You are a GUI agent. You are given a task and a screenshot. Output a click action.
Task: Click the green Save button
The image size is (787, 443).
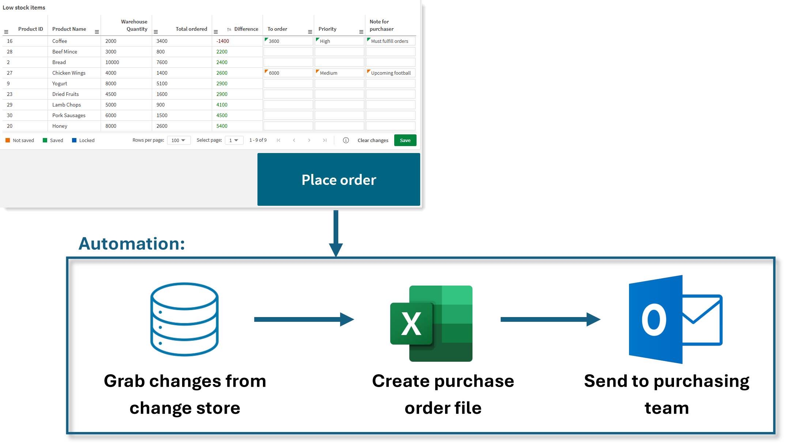[x=405, y=140]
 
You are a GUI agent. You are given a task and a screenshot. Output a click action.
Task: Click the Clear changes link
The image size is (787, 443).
[x=373, y=140]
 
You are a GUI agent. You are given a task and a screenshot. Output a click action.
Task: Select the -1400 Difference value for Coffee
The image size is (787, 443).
[x=223, y=41]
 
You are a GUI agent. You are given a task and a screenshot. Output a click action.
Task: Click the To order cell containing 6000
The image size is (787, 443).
[x=288, y=73]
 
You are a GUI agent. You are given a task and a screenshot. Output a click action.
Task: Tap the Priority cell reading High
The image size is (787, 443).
[x=339, y=41]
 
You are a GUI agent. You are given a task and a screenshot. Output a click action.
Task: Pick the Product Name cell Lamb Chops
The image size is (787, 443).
[x=67, y=105]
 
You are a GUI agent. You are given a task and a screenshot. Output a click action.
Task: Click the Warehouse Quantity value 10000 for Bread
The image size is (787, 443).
[x=112, y=62]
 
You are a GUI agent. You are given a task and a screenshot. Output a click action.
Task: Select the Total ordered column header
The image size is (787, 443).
[x=191, y=29]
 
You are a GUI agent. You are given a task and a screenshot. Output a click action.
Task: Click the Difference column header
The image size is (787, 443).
[x=246, y=29]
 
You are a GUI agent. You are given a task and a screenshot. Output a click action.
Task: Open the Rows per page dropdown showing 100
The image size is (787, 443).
[x=178, y=140]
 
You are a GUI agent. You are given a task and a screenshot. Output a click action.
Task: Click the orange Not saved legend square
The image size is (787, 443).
[x=8, y=140]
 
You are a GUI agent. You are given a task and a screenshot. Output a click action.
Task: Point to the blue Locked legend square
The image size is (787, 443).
[x=74, y=140]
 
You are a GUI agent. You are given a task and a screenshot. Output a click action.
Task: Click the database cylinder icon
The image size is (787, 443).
[x=184, y=319]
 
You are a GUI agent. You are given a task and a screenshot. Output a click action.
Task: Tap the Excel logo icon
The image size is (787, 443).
[x=432, y=323]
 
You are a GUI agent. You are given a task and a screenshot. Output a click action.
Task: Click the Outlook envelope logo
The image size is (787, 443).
[x=675, y=319]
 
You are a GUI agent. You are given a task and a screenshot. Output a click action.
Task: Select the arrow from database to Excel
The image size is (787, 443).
[x=304, y=319]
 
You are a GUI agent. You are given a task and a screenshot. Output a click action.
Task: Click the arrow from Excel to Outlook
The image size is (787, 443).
[x=550, y=319]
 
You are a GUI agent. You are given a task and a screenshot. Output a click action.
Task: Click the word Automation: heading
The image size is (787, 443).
[x=132, y=243]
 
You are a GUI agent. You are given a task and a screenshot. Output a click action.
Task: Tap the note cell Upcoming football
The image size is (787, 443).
[x=391, y=73]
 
